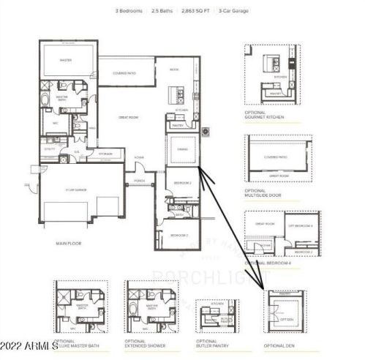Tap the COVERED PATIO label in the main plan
point(124,72)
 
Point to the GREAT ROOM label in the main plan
point(129,117)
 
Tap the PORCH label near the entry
point(138,181)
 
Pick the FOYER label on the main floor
point(138,157)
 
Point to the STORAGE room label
point(106,154)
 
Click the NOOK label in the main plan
point(174,70)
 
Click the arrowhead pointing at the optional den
point(263,285)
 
